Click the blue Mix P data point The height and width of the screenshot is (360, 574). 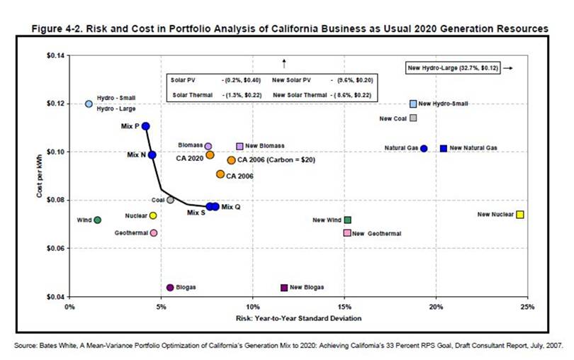[x=146, y=126]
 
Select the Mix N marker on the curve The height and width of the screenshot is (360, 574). [x=152, y=154]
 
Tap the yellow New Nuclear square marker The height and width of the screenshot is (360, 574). [x=520, y=214]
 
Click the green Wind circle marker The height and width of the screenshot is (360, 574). [x=97, y=220]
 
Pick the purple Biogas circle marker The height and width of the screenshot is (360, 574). [x=170, y=287]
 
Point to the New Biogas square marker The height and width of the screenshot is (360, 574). [x=284, y=287]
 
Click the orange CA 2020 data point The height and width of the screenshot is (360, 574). [x=210, y=154]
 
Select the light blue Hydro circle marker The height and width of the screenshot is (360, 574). [x=89, y=103]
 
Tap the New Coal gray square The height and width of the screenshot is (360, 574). [x=413, y=118]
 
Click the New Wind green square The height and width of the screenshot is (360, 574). [x=347, y=220]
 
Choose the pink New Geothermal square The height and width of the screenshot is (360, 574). [x=347, y=232]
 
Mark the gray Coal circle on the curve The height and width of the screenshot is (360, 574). [x=170, y=200]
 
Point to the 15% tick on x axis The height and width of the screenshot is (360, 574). [x=344, y=307]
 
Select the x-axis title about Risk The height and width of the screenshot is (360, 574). [x=298, y=317]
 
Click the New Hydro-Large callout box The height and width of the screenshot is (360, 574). [x=454, y=67]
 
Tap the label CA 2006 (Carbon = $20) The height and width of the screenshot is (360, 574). [x=276, y=160]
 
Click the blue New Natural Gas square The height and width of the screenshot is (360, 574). [x=443, y=148]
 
